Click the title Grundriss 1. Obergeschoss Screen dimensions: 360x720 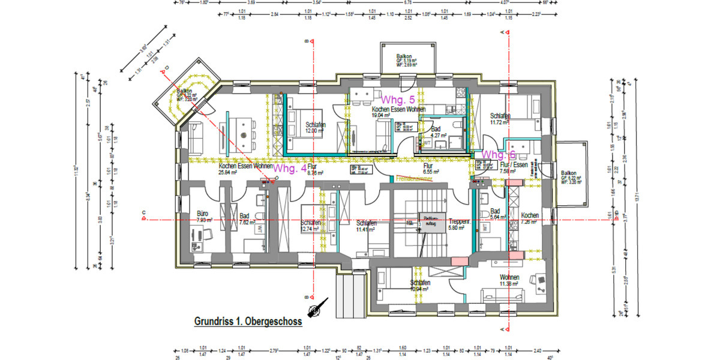[248, 322]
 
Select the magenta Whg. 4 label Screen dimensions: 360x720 [290, 169]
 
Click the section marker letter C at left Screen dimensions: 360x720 [144, 212]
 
